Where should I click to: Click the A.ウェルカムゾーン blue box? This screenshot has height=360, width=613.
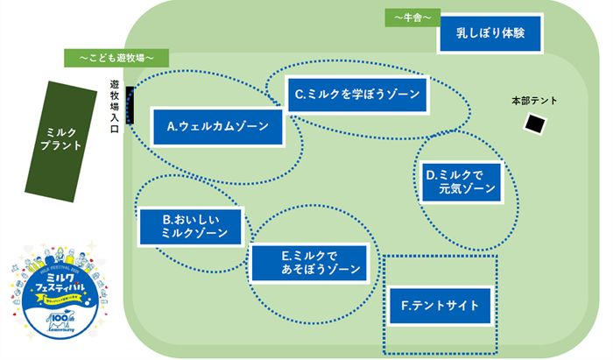pyautogui.click(x=218, y=126)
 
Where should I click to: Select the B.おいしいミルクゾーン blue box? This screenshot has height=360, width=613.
pyautogui.click(x=190, y=226)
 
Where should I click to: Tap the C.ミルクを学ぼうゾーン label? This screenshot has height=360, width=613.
pyautogui.click(x=357, y=94)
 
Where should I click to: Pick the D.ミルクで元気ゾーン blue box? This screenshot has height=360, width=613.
pyautogui.click(x=461, y=181)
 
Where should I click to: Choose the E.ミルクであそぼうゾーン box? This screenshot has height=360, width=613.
pyautogui.click(x=309, y=262)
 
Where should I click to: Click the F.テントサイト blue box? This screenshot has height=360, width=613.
pyautogui.click(x=440, y=306)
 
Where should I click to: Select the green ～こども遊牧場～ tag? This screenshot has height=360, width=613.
pyautogui.click(x=116, y=58)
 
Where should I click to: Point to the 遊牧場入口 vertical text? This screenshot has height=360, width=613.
pyautogui.click(x=115, y=104)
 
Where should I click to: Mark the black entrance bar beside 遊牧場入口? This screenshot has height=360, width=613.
pyautogui.click(x=131, y=106)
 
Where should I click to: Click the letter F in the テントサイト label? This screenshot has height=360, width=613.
pyautogui.click(x=405, y=306)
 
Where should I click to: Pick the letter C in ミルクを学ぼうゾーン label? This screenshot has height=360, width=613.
pyautogui.click(x=299, y=94)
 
